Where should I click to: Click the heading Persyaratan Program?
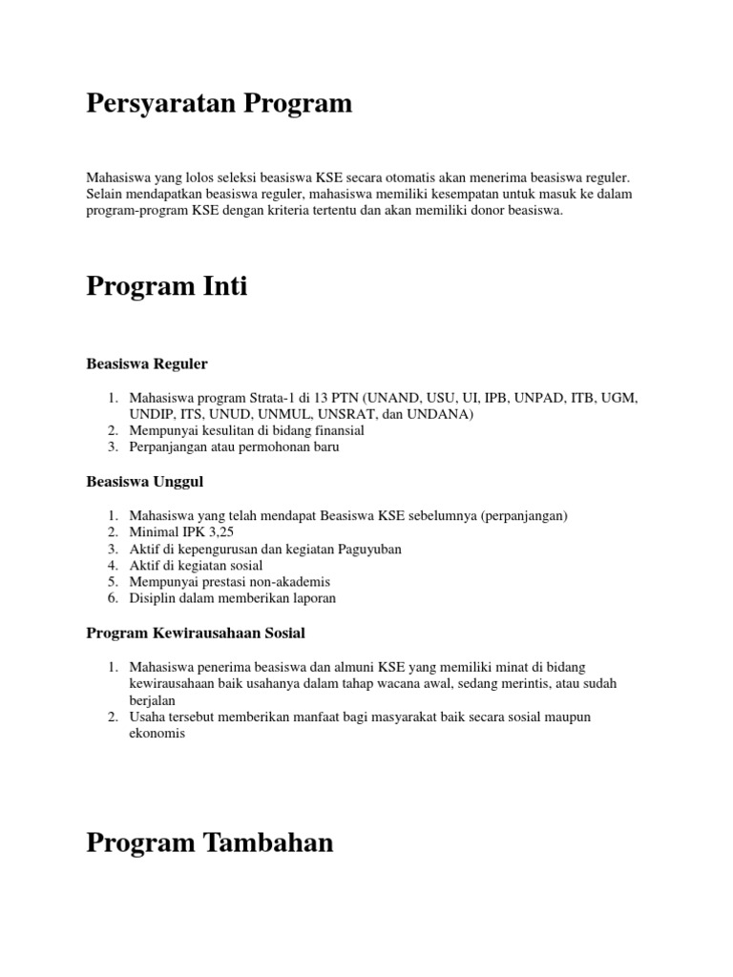click(219, 104)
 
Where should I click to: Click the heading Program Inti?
click(167, 285)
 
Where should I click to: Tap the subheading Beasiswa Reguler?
click(147, 364)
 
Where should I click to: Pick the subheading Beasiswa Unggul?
click(144, 482)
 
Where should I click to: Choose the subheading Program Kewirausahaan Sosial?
click(196, 633)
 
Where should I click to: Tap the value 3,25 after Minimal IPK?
click(217, 532)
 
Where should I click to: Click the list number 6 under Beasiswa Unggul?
click(112, 598)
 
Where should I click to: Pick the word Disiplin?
click(153, 598)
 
